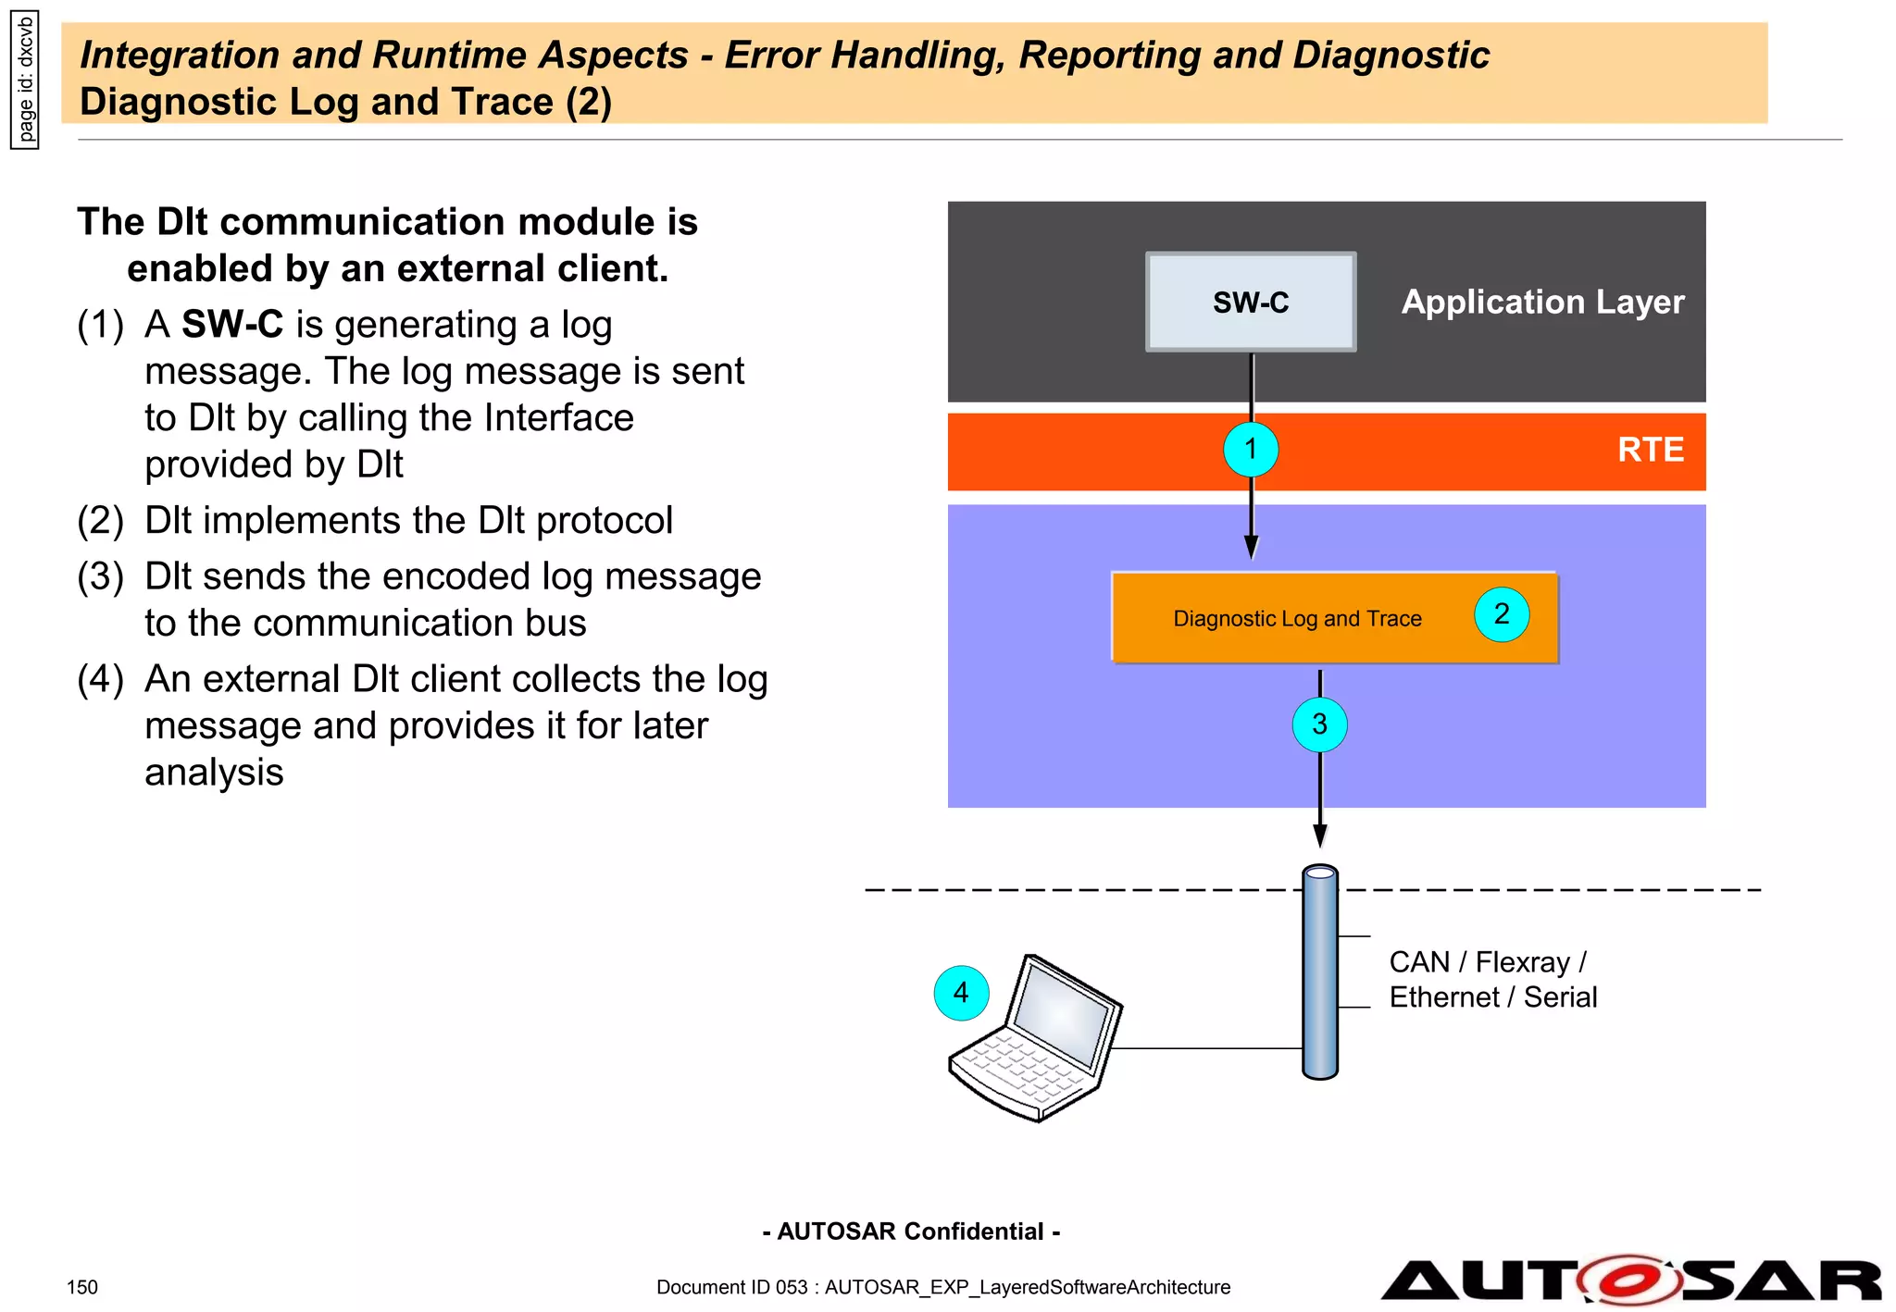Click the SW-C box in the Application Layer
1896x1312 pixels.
1251,302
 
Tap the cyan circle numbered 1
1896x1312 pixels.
1251,450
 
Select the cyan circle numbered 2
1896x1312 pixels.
1501,614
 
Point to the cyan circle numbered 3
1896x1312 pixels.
1319,724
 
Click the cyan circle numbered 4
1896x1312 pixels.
961,993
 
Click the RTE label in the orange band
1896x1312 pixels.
1650,450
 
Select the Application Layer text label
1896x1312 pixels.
1542,302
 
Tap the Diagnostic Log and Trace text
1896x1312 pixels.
1297,619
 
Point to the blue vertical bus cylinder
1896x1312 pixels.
1319,972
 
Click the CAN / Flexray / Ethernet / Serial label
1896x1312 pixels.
1492,980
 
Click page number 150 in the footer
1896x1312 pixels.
82,1287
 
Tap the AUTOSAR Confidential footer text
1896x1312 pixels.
911,1232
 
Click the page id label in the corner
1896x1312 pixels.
25,80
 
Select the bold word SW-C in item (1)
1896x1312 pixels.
232,325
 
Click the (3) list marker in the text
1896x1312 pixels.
100,576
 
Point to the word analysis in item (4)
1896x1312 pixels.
214,773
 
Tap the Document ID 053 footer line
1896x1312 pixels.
942,1287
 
